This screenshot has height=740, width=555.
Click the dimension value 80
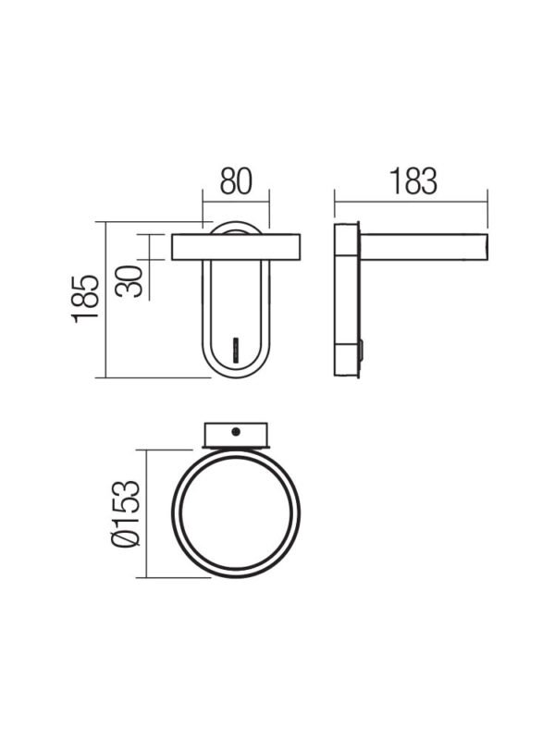coord(236,181)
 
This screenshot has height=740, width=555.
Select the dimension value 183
coord(413,181)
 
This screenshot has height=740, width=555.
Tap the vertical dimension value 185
coord(86,299)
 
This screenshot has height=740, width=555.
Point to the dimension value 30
coord(129,281)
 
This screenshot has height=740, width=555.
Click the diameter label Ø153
coord(126,513)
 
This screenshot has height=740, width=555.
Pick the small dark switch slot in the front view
coord(236,351)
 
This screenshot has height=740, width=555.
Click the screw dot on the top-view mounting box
coord(236,431)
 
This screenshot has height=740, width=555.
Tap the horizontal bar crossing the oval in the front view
coord(236,247)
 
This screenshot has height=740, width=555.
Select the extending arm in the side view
coord(424,247)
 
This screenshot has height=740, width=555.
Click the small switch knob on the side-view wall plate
coord(362,351)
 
